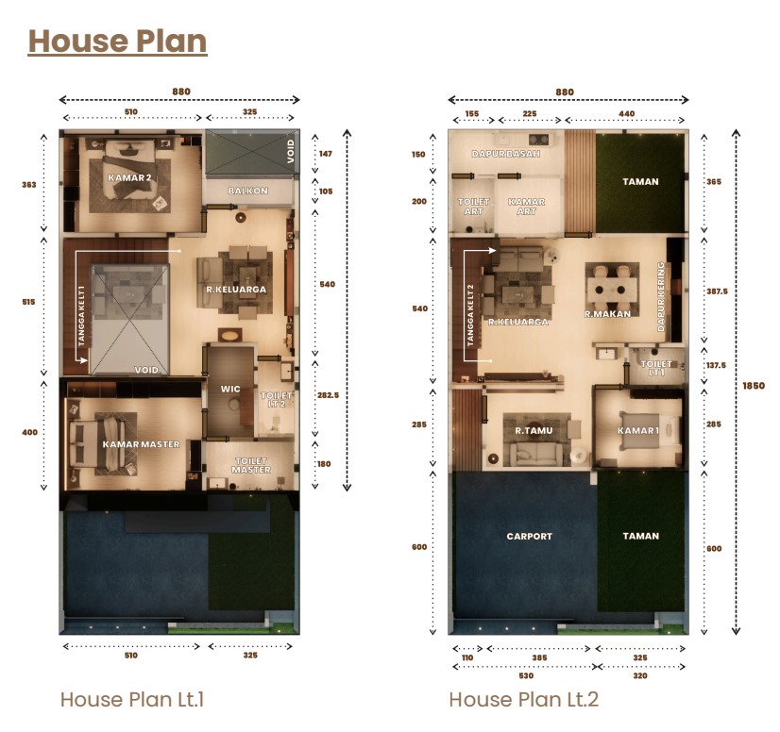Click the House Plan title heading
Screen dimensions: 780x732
pos(117,41)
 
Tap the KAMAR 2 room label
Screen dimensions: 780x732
pos(129,177)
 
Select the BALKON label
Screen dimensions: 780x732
pos(248,191)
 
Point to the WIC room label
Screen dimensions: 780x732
pos(230,389)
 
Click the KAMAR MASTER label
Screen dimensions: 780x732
pos(141,443)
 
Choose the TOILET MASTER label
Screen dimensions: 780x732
pos(251,465)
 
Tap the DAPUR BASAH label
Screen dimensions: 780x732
pos(506,154)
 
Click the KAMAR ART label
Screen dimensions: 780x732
pos(526,207)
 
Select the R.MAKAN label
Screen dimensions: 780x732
pos(607,313)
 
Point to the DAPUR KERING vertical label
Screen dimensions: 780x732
pos(661,297)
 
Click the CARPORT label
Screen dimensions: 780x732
pos(529,536)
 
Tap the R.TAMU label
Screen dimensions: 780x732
pos(534,430)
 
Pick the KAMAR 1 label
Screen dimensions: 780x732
pos(638,430)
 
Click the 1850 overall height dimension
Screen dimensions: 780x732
pos(754,386)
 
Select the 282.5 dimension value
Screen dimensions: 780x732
pos(329,395)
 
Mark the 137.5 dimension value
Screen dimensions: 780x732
pos(717,365)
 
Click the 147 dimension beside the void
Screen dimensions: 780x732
pos(326,154)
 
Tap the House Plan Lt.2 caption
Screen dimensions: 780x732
pos(524,699)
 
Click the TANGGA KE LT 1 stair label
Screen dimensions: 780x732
pos(81,316)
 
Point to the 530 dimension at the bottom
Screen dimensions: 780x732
pos(526,675)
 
